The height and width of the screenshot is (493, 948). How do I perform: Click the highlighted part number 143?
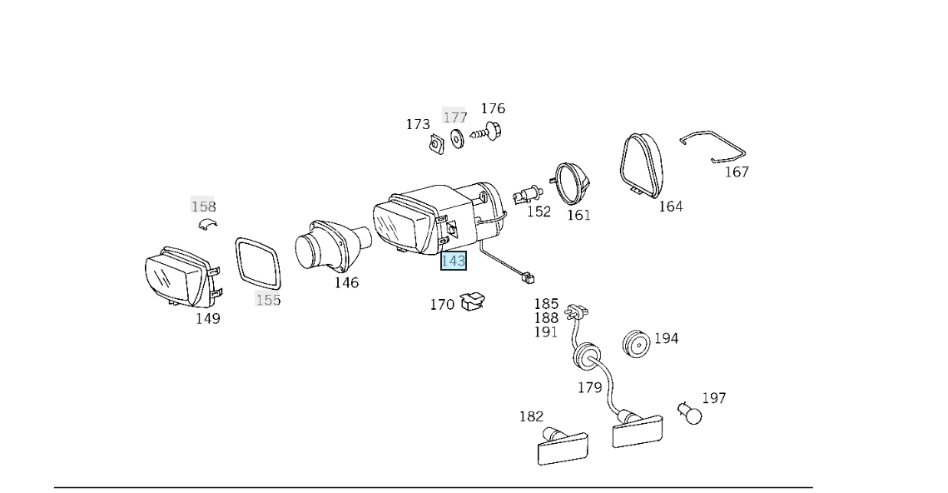pos(453,261)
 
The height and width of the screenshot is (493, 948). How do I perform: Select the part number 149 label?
pos(207,318)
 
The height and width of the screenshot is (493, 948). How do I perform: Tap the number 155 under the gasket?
pos(268,300)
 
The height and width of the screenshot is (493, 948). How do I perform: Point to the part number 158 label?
pos(203,207)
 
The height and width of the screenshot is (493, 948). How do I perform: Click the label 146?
pos(346,282)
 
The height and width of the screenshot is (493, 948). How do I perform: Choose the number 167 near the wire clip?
pos(737,172)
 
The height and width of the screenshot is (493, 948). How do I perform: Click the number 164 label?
pos(670,206)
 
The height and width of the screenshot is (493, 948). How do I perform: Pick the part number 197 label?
pos(713,398)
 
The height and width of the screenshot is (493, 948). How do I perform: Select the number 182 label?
pos(531,416)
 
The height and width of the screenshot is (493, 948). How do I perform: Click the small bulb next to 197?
pos(689,411)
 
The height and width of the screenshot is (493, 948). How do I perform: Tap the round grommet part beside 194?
pos(637,342)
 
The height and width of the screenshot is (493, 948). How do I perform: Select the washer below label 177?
pos(456,138)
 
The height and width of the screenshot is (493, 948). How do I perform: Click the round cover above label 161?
pos(572,184)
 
